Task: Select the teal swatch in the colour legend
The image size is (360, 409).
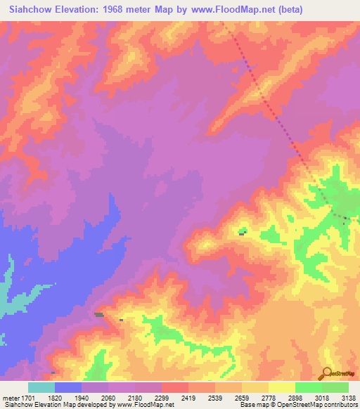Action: pos(41,387)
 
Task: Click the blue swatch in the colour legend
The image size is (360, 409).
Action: pos(68,387)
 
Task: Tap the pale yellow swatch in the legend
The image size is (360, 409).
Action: pos(282,387)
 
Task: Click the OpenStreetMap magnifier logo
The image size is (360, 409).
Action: pos(326,374)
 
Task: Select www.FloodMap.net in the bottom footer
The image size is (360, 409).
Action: pos(140,405)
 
